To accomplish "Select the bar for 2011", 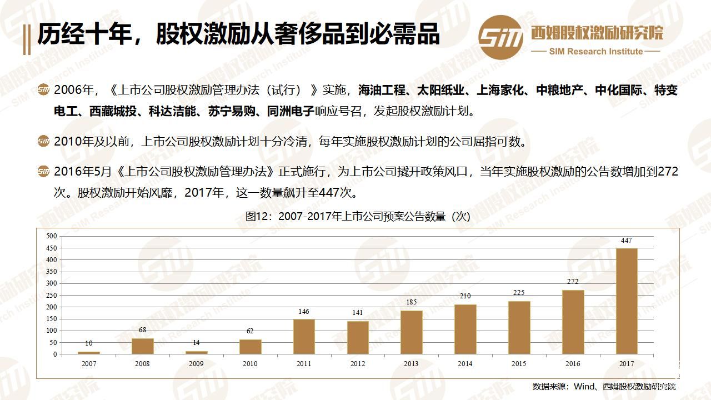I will [304, 337].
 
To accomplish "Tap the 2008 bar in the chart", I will [143, 346].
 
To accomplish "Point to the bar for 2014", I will [465, 329].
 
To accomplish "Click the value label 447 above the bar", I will [627, 241].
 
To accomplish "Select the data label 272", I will [573, 282].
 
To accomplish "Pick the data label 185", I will [412, 302].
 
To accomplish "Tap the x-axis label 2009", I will [196, 364].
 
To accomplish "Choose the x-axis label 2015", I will [519, 364].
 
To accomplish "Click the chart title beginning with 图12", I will [358, 217].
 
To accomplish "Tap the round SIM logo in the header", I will [501, 37].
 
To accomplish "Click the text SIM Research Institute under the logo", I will [595, 52].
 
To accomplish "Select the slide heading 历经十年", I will [238, 34].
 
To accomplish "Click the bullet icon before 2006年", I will [43, 90].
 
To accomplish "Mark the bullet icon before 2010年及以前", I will [43, 142].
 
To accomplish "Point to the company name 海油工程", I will [382, 90].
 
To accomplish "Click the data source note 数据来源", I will [604, 387].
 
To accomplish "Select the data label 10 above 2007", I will [89, 343].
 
